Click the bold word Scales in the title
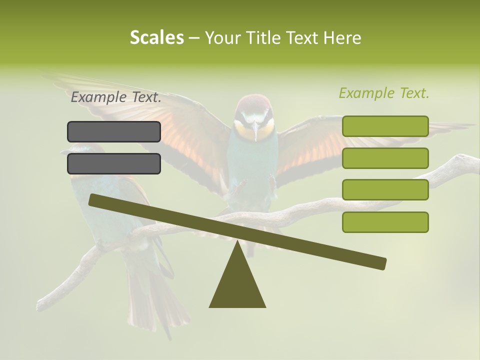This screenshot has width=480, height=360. point(156,38)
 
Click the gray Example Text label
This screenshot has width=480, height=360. point(116,97)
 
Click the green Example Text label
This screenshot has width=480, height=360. point(384,93)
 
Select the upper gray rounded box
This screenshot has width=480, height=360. point(114,131)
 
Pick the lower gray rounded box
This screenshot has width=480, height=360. point(114,163)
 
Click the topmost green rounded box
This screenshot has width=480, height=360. point(385,126)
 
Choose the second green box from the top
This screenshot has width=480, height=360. point(385,158)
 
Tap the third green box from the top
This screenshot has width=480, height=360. point(385,190)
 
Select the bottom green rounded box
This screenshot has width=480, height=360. point(385,222)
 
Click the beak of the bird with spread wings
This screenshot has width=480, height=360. point(255,132)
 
